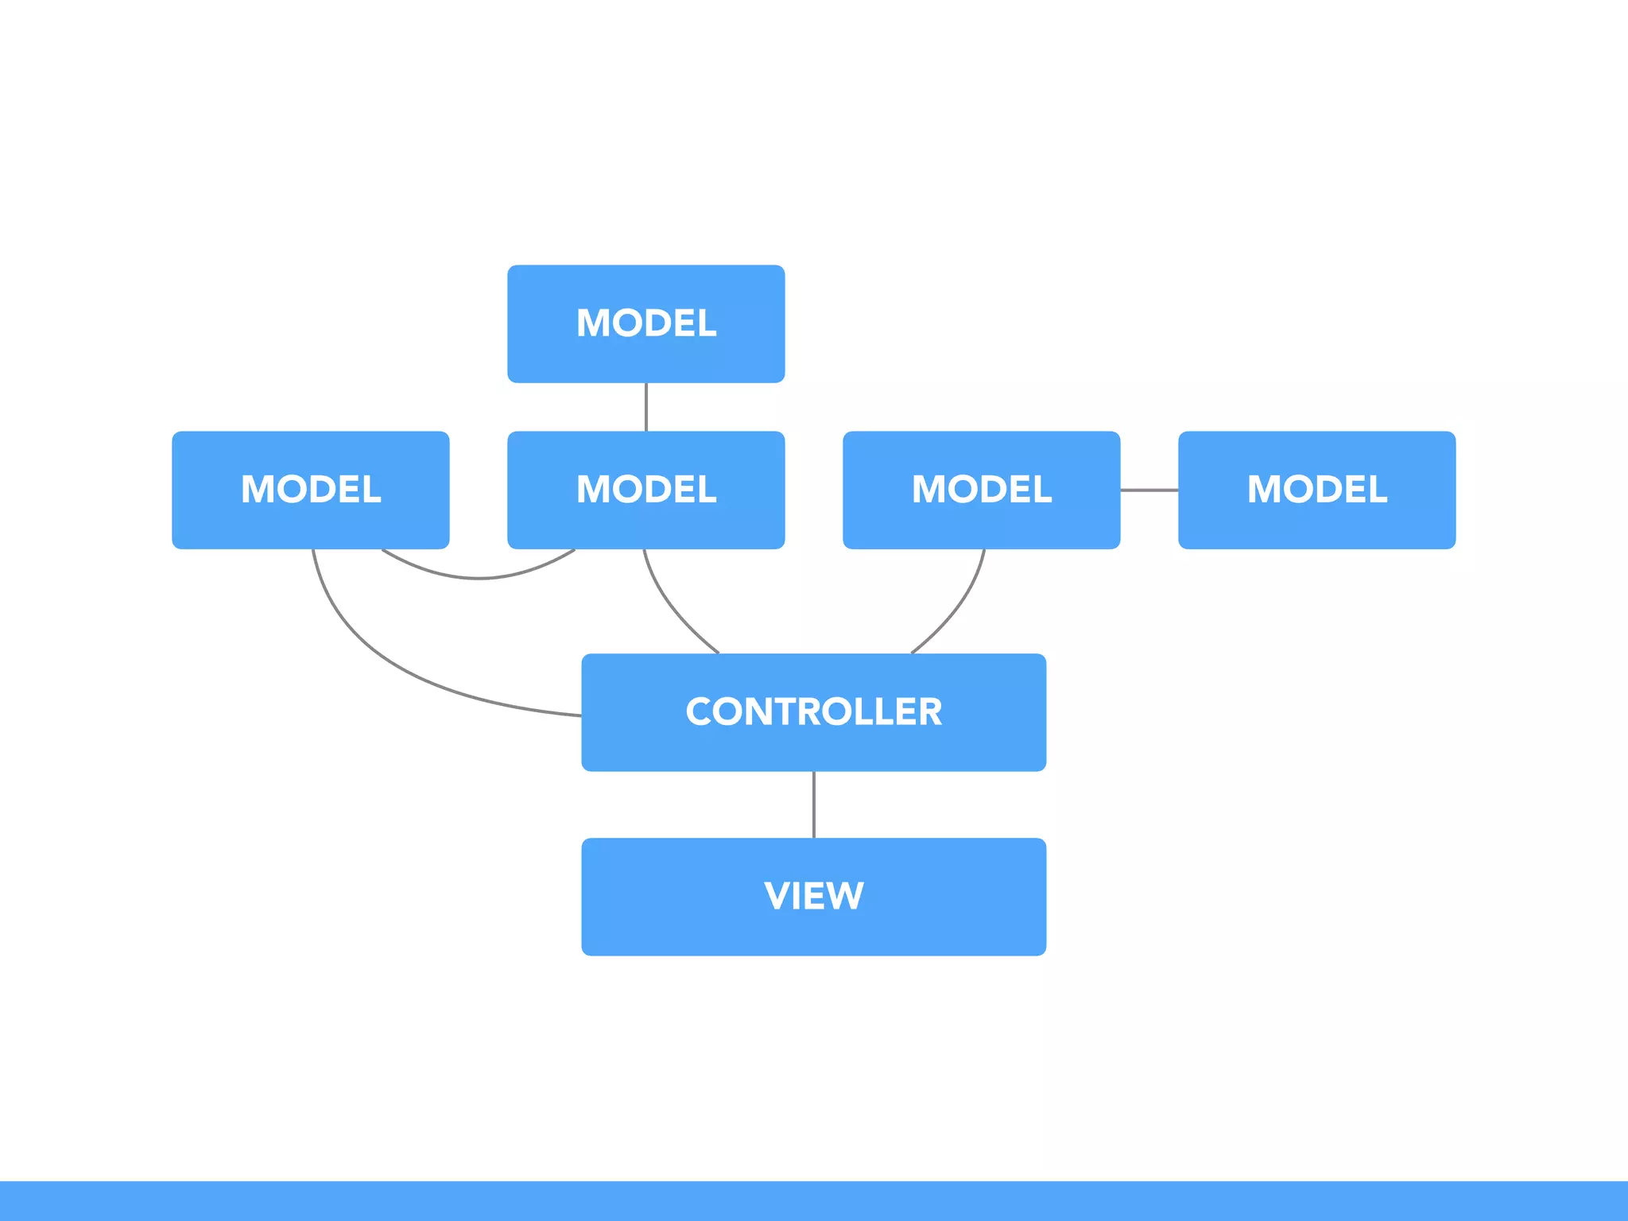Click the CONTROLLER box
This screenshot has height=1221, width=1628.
[813, 747]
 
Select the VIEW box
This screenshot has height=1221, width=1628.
[813, 930]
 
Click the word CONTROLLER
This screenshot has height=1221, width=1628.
[813, 711]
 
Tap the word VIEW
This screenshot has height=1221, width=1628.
[813, 896]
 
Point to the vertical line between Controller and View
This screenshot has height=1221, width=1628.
[813, 804]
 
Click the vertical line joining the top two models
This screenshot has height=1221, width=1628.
[645, 407]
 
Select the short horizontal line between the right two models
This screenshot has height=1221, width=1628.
[1149, 490]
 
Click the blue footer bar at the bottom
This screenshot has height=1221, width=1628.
[813, 1200]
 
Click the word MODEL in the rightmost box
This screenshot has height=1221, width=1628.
[1316, 489]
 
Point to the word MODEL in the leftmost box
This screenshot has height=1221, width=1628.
[310, 489]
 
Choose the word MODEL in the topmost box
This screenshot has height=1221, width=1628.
[645, 323]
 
